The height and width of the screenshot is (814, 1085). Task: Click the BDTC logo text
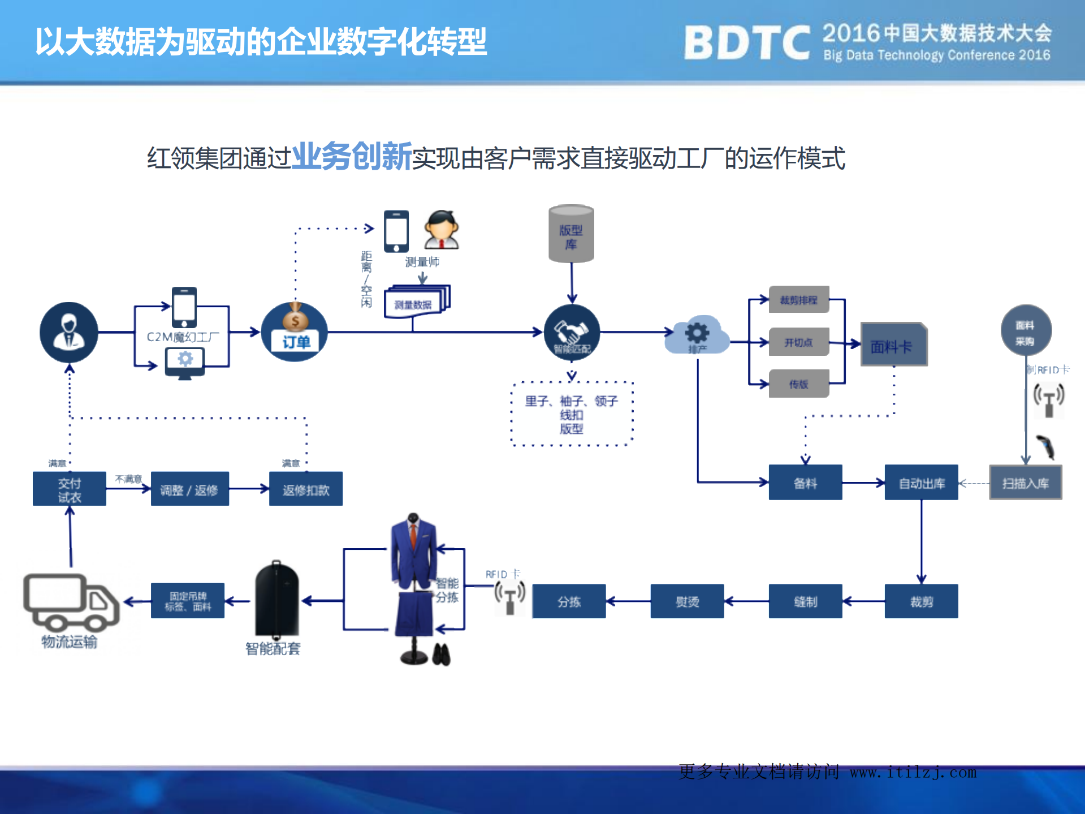[x=746, y=42]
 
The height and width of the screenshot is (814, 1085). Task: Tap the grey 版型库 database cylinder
[x=571, y=234]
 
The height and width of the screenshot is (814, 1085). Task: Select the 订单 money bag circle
[x=295, y=333]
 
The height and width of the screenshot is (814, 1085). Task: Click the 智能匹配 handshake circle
[x=572, y=333]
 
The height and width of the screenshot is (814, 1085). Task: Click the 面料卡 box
[x=893, y=344]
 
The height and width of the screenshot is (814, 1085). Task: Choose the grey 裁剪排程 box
[x=798, y=300]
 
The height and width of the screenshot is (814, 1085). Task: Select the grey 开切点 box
[x=798, y=342]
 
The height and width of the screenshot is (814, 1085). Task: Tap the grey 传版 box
[x=798, y=384]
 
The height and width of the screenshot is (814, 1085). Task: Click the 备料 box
[x=805, y=483]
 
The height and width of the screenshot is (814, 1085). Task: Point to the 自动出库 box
[x=921, y=483]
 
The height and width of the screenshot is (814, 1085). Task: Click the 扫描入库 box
[x=1025, y=483]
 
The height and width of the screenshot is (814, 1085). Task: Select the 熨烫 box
[x=687, y=601]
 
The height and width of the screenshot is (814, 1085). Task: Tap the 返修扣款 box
[x=305, y=489]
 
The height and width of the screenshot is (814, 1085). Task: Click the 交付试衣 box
[x=69, y=489]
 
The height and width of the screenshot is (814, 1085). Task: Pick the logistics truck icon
[x=71, y=602]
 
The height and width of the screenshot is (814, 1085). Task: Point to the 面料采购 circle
[x=1026, y=331]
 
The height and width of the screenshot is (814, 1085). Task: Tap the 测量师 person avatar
[x=442, y=230]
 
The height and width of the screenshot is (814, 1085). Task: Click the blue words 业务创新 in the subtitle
[x=352, y=157]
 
